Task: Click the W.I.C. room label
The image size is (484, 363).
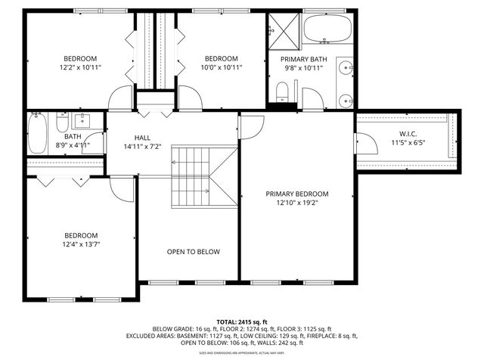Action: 408,135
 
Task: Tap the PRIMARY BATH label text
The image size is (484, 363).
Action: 303,59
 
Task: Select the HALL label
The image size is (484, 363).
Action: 142,138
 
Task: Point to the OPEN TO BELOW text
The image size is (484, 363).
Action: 194,252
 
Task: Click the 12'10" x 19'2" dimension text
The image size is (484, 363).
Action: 296,203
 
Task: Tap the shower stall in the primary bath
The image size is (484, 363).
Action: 283,30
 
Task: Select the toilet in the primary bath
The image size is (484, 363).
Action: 281,92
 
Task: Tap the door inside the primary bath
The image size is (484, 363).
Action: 312,98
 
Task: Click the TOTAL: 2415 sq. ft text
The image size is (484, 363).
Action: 242,321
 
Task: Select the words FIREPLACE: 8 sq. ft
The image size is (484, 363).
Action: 332,336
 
